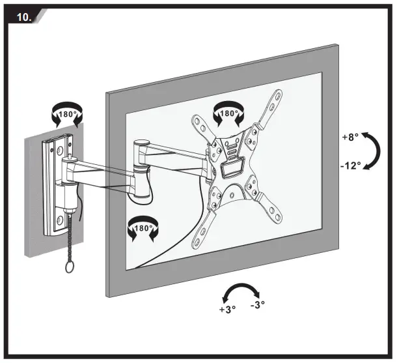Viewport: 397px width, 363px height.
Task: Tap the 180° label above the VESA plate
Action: pyautogui.click(x=229, y=113)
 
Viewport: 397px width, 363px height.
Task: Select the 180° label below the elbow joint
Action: pyautogui.click(x=143, y=229)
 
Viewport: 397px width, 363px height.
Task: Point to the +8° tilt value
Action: pyautogui.click(x=349, y=138)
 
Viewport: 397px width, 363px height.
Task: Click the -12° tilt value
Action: pyautogui.click(x=350, y=166)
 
